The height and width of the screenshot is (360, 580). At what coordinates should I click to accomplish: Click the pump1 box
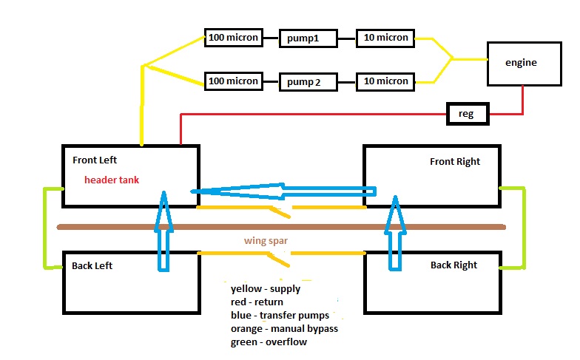point(308,38)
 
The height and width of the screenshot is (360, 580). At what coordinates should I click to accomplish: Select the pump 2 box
point(308,81)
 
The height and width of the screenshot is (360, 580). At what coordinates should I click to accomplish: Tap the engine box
point(521,63)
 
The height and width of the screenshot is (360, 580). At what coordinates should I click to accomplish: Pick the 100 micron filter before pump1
point(233,37)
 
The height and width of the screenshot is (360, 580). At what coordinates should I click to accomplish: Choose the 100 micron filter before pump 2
point(233,81)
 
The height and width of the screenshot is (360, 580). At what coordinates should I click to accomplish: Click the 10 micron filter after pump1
point(385,38)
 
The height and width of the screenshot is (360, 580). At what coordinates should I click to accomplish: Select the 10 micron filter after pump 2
point(385,81)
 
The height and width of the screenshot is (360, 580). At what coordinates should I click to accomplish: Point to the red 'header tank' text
point(112,180)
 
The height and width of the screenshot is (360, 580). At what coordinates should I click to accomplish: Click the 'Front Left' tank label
point(95,160)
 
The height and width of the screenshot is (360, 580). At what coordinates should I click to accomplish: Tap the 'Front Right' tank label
point(454,161)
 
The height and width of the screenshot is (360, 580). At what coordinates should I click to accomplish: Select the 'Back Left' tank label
point(92,265)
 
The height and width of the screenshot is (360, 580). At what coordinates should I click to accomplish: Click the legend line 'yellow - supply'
point(265,289)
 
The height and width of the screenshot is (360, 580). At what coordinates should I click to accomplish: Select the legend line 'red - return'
point(257,302)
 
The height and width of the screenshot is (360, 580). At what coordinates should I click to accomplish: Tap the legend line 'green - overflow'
point(269,342)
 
